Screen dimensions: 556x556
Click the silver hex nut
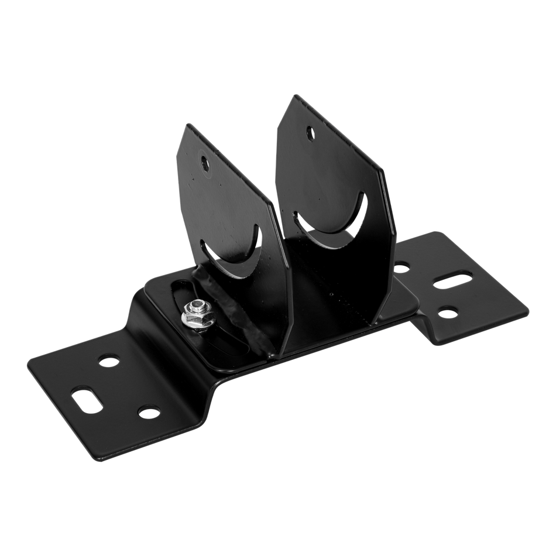click(194, 318)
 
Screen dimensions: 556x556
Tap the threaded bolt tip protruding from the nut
click(197, 306)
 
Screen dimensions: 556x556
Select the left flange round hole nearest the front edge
click(149, 413)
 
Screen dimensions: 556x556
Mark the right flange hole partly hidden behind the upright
click(401, 269)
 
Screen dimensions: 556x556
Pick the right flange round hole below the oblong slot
click(448, 313)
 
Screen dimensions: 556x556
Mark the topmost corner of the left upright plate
click(186, 123)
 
